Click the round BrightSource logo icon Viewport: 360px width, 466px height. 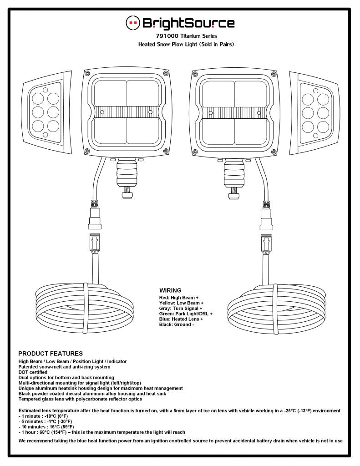[132, 23]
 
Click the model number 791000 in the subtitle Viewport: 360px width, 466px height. [167, 36]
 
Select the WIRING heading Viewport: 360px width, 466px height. [170, 290]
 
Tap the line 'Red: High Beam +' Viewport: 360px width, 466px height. [179, 298]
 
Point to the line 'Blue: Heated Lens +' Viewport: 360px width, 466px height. [181, 319]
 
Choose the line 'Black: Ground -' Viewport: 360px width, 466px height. [177, 324]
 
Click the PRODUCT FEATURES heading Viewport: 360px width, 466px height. [51, 353]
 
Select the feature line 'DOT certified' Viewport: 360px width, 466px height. [33, 372]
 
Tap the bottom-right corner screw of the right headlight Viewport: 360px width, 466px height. [273, 152]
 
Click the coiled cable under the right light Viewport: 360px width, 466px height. [276, 309]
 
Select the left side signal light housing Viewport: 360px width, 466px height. [47, 113]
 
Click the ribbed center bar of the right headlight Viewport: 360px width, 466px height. [235, 113]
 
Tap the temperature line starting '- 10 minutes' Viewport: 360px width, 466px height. [46, 427]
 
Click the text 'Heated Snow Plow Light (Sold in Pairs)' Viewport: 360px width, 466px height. [186, 44]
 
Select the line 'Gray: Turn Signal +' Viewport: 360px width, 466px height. [181, 308]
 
